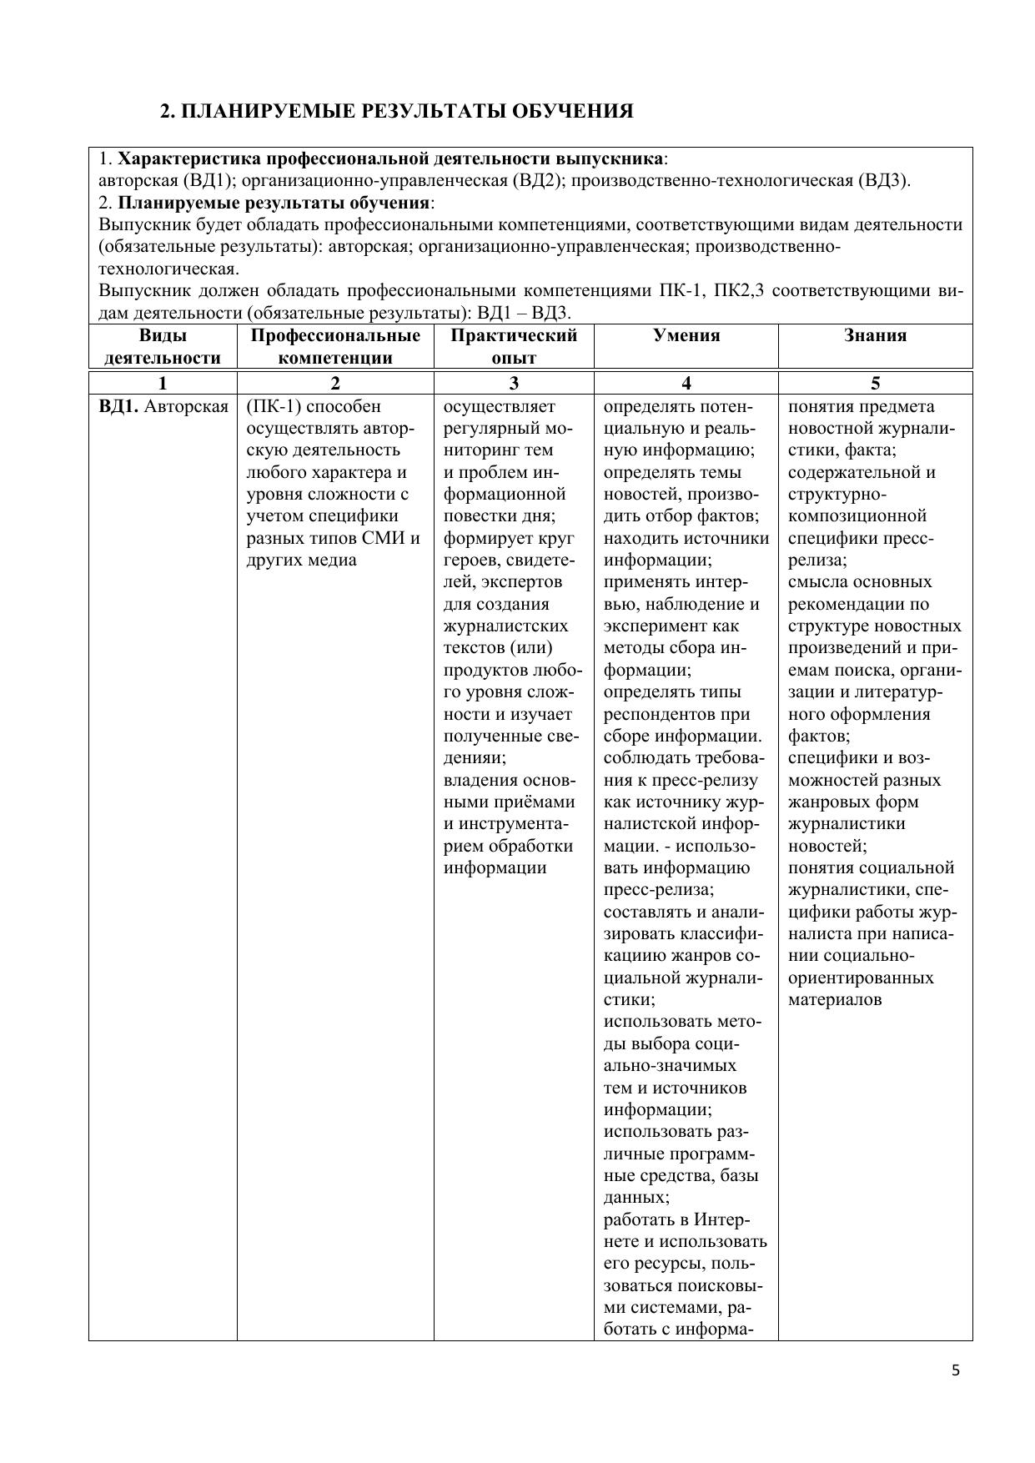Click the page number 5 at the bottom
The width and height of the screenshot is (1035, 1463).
click(956, 1370)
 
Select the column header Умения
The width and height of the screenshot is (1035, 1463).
click(686, 335)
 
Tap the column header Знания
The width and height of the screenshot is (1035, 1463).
click(875, 335)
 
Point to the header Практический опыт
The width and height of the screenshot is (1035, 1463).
click(514, 346)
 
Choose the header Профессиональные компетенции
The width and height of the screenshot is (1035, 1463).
click(335, 346)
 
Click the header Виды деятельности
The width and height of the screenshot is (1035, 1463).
click(163, 346)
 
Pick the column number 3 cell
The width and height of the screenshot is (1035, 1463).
click(514, 384)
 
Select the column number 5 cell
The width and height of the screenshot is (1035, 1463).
click(875, 384)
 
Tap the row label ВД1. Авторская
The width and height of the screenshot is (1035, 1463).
click(163, 407)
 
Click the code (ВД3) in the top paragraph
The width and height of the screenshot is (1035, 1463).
click(882, 181)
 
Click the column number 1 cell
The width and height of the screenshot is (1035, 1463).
click(163, 384)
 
